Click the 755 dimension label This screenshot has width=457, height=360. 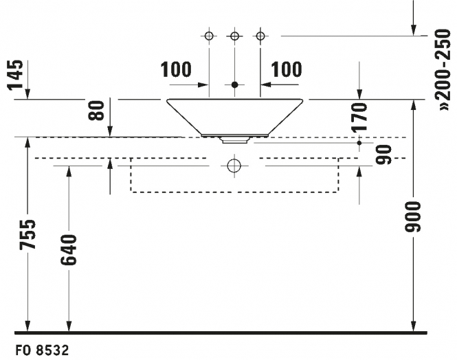pyautogui.click(x=27, y=235)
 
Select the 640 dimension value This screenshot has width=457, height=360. pyautogui.click(x=69, y=250)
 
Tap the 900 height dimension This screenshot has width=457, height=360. pyautogui.click(x=413, y=216)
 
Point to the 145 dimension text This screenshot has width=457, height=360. pyautogui.click(x=14, y=75)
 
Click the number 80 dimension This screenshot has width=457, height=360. pyautogui.click(x=96, y=111)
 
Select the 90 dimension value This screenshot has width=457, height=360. pyautogui.click(x=384, y=155)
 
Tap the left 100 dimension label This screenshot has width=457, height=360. pyautogui.click(x=176, y=69)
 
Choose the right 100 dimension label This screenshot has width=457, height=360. pyautogui.click(x=287, y=69)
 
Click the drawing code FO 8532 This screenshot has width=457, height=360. pyautogui.click(x=42, y=350)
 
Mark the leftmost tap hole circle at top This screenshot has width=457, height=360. pyautogui.click(x=209, y=36)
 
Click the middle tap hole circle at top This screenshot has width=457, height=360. pyautogui.click(x=234, y=36)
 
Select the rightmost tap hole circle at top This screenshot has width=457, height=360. pyautogui.click(x=260, y=36)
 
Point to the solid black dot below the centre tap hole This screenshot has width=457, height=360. pyautogui.click(x=234, y=85)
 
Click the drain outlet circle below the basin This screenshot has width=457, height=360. pyautogui.click(x=234, y=166)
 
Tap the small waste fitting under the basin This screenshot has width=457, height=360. pyautogui.click(x=234, y=140)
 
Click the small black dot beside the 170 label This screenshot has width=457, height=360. pyautogui.click(x=359, y=143)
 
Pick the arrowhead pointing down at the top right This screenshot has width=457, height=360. pyautogui.click(x=413, y=30)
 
